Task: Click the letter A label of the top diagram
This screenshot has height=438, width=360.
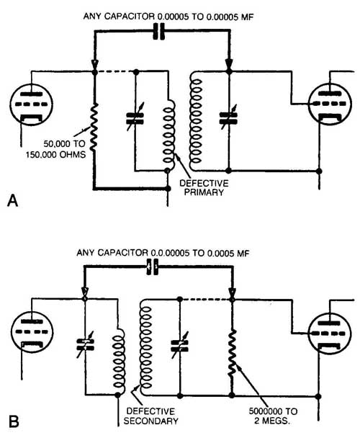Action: click(x=12, y=200)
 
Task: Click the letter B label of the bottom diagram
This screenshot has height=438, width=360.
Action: click(x=14, y=422)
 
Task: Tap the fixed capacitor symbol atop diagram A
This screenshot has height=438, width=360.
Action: click(x=159, y=31)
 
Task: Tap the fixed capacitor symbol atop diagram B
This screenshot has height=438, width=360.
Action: click(x=153, y=267)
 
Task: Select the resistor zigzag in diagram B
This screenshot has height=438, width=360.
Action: click(x=232, y=353)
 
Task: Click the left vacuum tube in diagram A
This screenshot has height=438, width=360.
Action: click(x=31, y=104)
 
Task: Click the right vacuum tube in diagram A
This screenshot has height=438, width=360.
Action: click(x=330, y=104)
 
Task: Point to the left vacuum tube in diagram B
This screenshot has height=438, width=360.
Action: click(x=32, y=332)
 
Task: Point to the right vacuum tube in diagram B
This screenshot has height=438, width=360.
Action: click(x=330, y=334)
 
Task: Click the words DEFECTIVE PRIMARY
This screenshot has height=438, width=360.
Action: click(x=204, y=188)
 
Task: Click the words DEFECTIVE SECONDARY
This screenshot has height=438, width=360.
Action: click(x=150, y=416)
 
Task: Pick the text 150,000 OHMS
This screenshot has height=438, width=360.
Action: click(x=56, y=154)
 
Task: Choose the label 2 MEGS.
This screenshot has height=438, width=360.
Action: click(x=272, y=421)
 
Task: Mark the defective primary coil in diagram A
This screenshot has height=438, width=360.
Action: click(x=169, y=131)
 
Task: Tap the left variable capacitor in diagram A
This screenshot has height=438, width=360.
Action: click(x=135, y=118)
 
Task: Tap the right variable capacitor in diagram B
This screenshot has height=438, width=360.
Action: click(x=180, y=346)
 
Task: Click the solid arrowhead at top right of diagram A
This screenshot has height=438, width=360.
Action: click(x=229, y=63)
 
